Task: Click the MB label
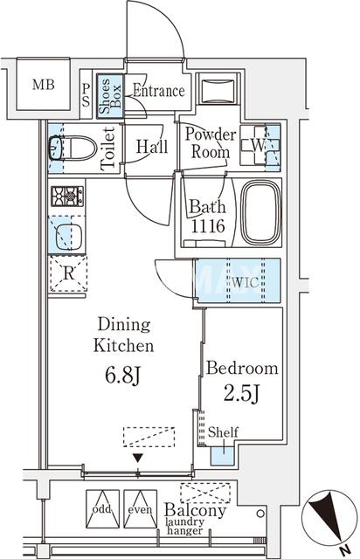coord(43,85)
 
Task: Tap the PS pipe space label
coord(86,95)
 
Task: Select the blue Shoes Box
coord(110,96)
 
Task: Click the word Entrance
coord(159,91)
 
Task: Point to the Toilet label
coord(108,148)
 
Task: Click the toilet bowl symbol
coord(73,148)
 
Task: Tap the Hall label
coord(152,146)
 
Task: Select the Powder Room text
coord(211,143)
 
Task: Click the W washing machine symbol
coord(260,145)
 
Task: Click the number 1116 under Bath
coord(208,226)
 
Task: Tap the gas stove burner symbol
coord(67,196)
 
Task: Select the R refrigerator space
coord(68,273)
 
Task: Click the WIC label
coord(246,282)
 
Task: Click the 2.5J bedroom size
coord(241,394)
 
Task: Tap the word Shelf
coord(224,432)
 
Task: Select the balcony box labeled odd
coord(102,508)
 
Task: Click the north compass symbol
coord(329,517)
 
